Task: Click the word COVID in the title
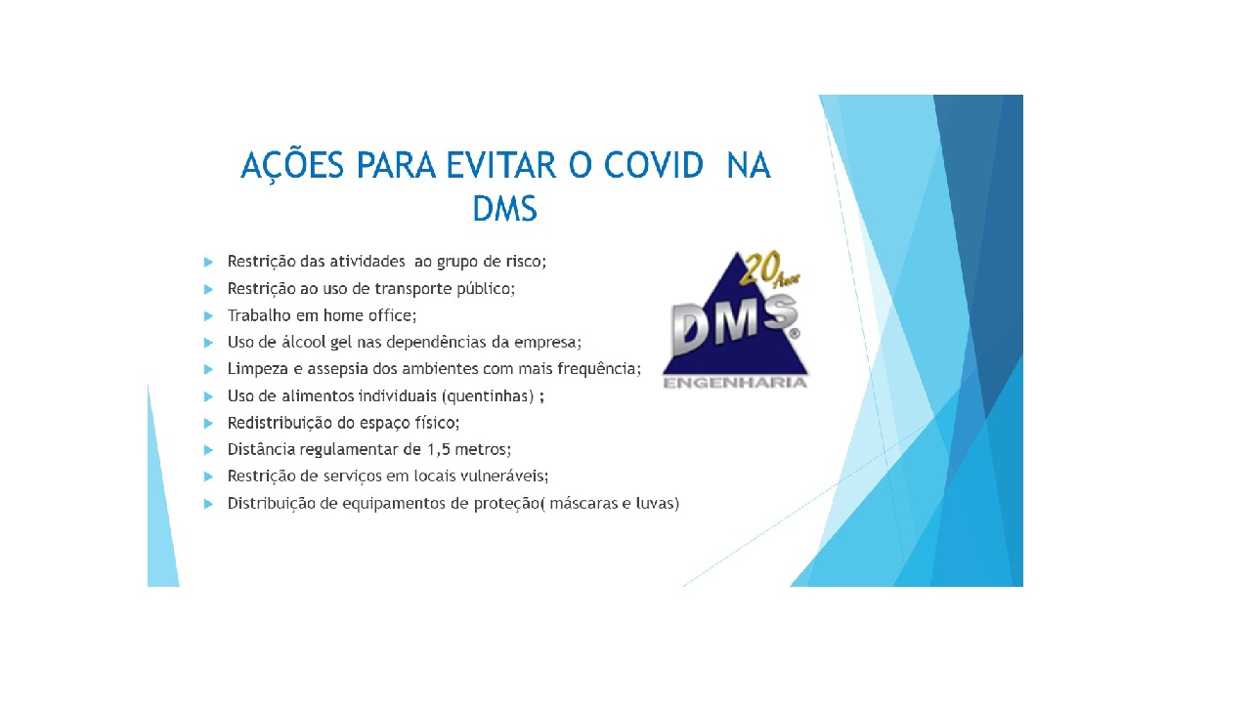653,166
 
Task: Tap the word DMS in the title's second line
504,207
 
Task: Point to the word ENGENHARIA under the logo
735,383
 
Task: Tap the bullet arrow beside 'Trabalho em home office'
208,315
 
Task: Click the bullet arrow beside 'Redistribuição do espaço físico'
208,423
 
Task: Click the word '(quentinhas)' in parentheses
487,396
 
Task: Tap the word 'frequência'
604,369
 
